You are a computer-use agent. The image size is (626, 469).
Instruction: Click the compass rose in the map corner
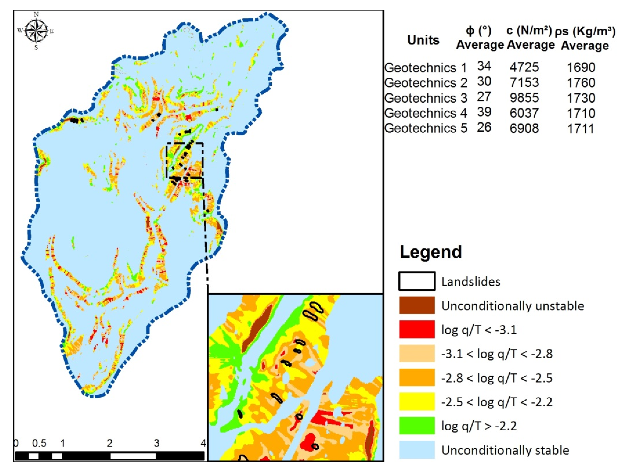pyautogui.click(x=36, y=31)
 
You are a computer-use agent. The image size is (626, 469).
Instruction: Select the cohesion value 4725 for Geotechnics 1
pyautogui.click(x=524, y=67)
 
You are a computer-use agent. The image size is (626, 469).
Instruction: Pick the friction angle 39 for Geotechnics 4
pyautogui.click(x=484, y=112)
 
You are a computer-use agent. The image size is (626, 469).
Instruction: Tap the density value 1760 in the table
pyautogui.click(x=581, y=83)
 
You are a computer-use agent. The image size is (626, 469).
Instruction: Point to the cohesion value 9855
pyautogui.click(x=524, y=98)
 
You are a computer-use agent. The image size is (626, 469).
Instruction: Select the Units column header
pyautogui.click(x=423, y=40)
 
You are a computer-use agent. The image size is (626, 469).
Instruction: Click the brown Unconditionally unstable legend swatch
pyautogui.click(x=417, y=305)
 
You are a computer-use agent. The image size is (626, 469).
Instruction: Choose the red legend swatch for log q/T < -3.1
pyautogui.click(x=417, y=329)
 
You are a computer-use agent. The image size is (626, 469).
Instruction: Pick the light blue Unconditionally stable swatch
pyautogui.click(x=417, y=449)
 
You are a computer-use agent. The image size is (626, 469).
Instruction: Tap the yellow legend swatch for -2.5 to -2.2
pyautogui.click(x=417, y=401)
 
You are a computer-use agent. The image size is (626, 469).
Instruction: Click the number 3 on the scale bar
pyautogui.click(x=156, y=443)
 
